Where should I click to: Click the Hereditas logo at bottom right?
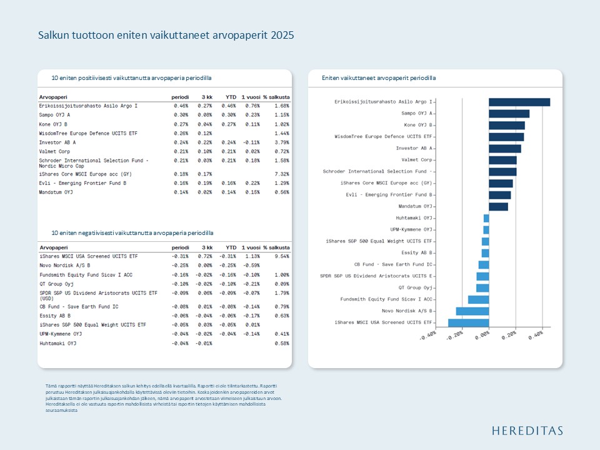click(527, 431)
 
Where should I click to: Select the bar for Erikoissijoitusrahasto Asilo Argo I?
click(519, 102)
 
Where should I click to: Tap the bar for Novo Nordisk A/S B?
click(472, 311)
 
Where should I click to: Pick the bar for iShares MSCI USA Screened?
click(469, 322)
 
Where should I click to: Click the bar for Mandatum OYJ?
click(498, 206)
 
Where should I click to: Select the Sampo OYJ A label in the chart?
click(416, 113)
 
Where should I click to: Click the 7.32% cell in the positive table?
click(281, 174)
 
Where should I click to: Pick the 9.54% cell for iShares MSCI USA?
click(281, 256)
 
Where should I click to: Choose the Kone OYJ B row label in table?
click(54, 124)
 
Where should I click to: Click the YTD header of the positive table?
click(231, 97)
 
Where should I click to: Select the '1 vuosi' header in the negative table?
click(251, 248)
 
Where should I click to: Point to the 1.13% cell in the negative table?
click(252, 256)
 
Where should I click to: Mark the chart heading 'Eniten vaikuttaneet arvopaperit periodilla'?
click(379, 78)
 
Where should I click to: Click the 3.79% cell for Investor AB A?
click(281, 142)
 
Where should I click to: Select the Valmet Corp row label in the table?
click(54, 151)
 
